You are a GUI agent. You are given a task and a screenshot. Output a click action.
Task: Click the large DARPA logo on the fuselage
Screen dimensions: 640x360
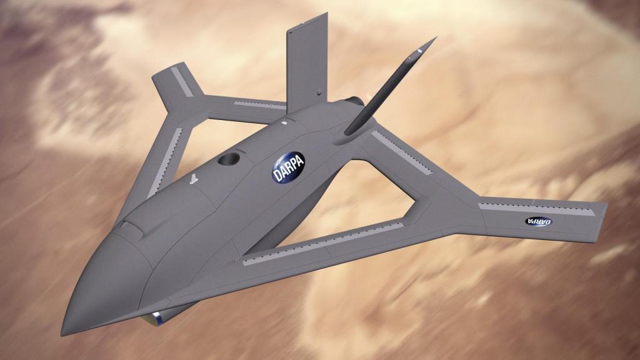[x=289, y=167]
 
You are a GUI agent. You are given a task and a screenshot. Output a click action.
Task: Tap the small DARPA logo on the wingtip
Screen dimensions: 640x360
[x=538, y=222]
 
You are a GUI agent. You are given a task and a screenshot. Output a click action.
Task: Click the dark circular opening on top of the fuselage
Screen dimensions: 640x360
[x=229, y=158]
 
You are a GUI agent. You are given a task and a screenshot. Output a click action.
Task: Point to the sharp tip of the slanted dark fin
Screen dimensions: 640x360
[x=436, y=37]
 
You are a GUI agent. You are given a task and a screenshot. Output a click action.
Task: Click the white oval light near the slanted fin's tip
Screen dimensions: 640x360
[x=419, y=51]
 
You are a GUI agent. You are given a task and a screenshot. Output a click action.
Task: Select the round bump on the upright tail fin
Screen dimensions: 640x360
[x=319, y=93]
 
